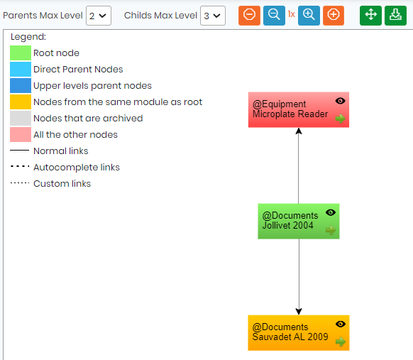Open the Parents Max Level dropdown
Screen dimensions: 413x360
pos(99,16)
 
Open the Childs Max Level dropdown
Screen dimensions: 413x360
pos(213,16)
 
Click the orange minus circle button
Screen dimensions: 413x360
pos(249,16)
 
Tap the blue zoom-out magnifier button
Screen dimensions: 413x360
pos(274,16)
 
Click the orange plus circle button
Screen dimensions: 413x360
pos(334,16)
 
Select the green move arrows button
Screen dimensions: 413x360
pos(370,16)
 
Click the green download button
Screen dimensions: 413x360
pos(395,16)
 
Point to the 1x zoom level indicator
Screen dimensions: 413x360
pos(292,14)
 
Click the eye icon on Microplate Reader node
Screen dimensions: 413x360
pos(341,101)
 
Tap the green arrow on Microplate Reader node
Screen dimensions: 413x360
pos(341,119)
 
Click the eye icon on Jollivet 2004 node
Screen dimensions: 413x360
pos(331,212)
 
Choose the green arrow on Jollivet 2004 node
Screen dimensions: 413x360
pos(331,230)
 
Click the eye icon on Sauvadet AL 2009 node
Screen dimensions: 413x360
pos(341,324)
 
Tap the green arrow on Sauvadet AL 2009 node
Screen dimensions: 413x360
pos(341,342)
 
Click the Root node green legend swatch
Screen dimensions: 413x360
pos(21,53)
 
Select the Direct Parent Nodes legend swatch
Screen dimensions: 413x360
pos(21,70)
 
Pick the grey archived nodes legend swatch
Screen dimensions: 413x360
pos(21,119)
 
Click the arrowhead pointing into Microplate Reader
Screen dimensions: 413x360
pos(299,131)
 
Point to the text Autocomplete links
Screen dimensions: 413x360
pos(77,168)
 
